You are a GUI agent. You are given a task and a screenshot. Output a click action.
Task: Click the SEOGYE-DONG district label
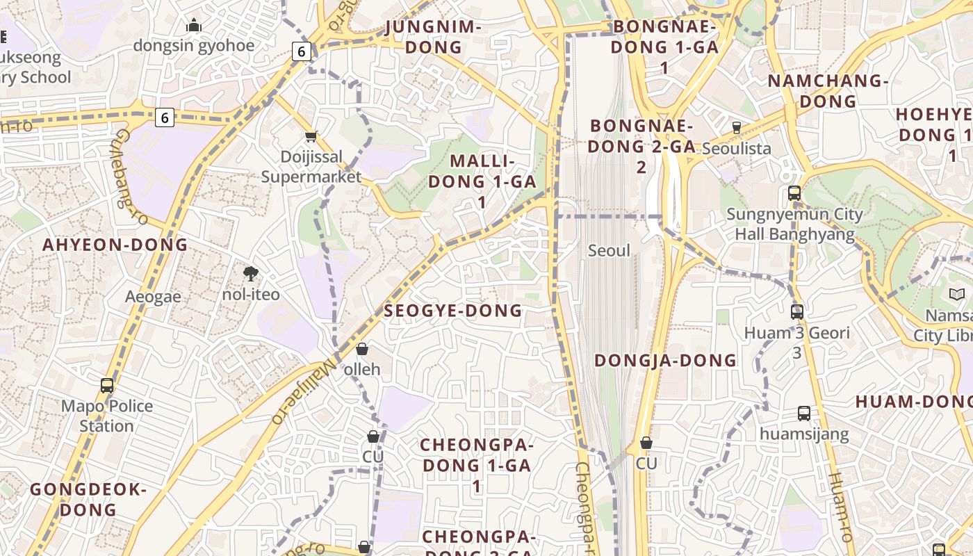[x=452, y=311]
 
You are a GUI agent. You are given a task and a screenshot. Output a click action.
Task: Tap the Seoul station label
[x=609, y=251]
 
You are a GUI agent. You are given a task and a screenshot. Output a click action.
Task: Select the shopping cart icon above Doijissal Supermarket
[x=311, y=137]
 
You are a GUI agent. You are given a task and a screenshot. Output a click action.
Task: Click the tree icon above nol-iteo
[x=250, y=274]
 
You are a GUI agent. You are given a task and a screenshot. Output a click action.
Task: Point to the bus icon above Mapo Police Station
[x=106, y=386]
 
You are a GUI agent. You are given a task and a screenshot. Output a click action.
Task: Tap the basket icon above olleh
[x=362, y=349]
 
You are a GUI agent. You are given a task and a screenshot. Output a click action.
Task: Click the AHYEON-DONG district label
[x=115, y=245]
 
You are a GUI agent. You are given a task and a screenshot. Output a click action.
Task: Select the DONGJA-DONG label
[x=665, y=361]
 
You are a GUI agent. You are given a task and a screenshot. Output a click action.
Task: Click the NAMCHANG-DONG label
[x=828, y=91]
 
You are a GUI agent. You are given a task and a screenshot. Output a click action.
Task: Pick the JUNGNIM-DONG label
[x=433, y=37]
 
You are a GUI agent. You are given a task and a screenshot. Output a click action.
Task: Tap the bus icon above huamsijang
[x=804, y=414]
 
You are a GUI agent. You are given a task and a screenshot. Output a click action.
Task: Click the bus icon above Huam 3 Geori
[x=797, y=312]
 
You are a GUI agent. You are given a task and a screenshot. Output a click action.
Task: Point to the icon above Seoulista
[x=737, y=128]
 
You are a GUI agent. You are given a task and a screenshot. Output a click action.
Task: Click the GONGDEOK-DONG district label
[x=88, y=500]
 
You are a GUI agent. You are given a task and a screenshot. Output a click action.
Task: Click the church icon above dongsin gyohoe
[x=194, y=26]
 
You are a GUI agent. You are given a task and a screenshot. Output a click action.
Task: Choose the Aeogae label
[x=153, y=297]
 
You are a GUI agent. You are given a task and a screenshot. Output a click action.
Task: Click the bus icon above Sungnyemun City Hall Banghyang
[x=794, y=193]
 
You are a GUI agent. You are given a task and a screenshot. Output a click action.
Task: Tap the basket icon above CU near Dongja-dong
[x=646, y=443]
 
